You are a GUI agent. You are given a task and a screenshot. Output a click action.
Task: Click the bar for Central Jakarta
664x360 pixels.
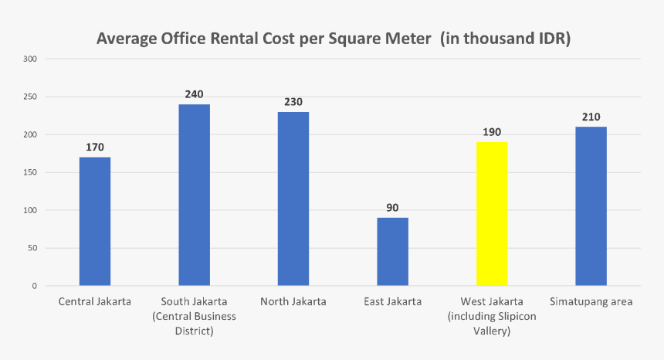(95, 222)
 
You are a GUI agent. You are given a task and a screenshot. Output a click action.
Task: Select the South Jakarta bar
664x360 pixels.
(195, 195)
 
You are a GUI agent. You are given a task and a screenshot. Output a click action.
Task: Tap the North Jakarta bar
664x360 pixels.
(293, 199)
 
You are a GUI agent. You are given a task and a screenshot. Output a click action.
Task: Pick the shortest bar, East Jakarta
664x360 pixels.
(392, 252)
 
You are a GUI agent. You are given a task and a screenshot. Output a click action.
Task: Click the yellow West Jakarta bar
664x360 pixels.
(492, 214)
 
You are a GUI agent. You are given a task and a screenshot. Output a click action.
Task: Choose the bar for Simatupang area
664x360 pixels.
(591, 206)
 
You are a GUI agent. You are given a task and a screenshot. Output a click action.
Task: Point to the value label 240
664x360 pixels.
(194, 94)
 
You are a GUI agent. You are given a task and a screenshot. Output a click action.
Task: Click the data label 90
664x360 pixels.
(392, 208)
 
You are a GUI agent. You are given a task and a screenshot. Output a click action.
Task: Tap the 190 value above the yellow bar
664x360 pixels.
(492, 132)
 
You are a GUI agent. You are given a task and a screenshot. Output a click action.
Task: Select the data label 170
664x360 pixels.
(95, 147)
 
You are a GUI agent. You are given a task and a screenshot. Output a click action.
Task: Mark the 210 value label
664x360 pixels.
(591, 117)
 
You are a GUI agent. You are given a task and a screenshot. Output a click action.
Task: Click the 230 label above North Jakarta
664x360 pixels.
(293, 102)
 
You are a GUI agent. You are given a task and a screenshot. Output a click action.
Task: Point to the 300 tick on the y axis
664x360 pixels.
(30, 59)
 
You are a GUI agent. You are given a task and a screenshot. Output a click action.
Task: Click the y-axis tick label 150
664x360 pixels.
(30, 172)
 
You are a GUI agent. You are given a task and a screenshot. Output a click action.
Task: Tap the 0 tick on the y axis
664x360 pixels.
(35, 286)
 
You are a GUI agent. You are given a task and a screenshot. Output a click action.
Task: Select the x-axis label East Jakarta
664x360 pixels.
(392, 301)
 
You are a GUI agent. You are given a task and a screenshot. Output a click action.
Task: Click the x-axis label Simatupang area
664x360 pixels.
(591, 301)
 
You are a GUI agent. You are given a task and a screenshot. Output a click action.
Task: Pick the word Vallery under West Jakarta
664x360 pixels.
(492, 331)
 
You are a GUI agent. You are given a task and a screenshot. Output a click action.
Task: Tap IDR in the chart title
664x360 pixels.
(551, 39)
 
